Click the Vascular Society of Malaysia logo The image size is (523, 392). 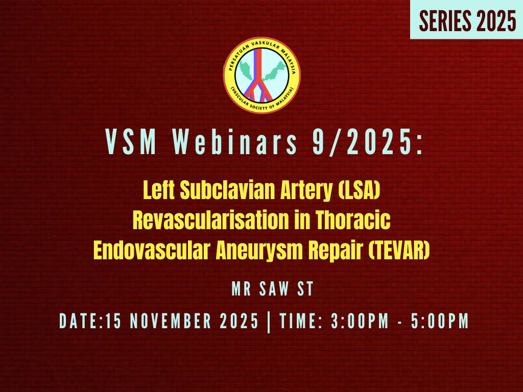point(261,75)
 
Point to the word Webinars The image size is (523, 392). point(237,141)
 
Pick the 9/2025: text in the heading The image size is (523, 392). point(367,141)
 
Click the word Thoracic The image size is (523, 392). point(353,220)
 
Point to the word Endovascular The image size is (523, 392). point(151,250)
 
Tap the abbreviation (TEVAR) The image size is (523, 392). point(398,250)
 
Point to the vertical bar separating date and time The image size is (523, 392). point(269,321)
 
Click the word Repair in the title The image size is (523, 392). point(338,250)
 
